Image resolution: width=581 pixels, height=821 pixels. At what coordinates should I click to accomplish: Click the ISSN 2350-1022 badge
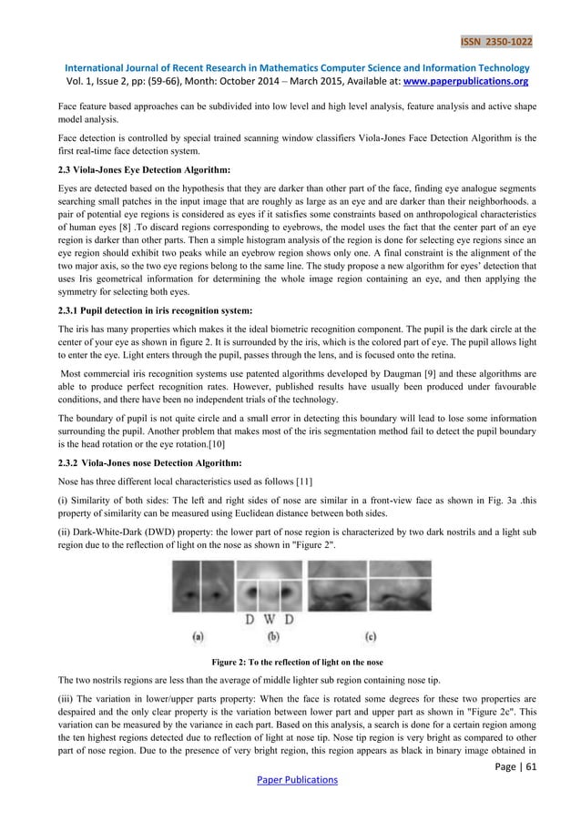(x=496, y=41)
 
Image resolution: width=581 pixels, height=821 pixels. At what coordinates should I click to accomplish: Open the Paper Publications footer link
(x=290, y=779)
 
